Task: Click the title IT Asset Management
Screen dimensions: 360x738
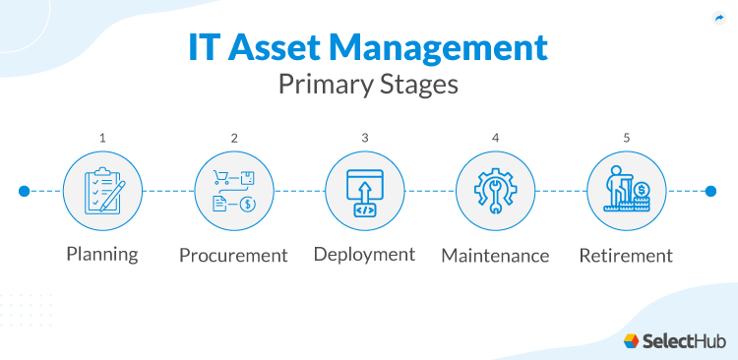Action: click(x=368, y=47)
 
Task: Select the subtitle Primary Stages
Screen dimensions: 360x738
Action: click(x=368, y=85)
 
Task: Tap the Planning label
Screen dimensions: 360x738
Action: click(x=102, y=254)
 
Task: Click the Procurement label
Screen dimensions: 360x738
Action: click(x=233, y=256)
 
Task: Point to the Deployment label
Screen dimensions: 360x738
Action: click(x=364, y=254)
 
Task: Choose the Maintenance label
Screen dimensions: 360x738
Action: click(x=495, y=256)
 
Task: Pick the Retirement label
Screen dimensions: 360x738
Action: click(x=626, y=256)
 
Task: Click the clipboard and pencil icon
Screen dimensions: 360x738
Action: click(x=102, y=191)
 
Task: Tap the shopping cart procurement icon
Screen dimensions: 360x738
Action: click(x=233, y=191)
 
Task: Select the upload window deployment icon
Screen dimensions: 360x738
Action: click(x=364, y=191)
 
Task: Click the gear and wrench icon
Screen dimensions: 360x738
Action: click(x=495, y=191)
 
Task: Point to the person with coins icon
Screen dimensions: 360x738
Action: click(x=626, y=191)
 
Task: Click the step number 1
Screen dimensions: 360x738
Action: click(x=102, y=138)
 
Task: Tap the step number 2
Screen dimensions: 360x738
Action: click(x=233, y=138)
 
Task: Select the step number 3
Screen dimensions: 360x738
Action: click(x=364, y=138)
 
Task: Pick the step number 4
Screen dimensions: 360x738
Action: click(x=495, y=138)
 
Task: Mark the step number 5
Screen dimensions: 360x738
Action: click(x=626, y=138)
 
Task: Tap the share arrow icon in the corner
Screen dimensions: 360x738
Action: click(x=717, y=18)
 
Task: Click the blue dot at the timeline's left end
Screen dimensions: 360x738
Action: click(x=24, y=191)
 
